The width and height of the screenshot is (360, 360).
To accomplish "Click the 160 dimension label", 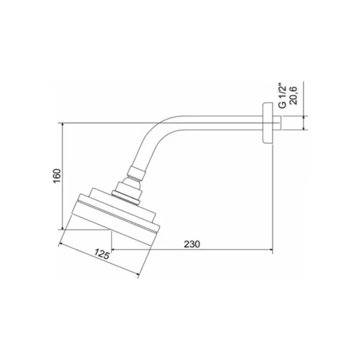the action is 57,176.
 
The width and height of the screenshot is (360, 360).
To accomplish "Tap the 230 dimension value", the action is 192,244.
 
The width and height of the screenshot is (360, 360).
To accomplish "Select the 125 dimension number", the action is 102,254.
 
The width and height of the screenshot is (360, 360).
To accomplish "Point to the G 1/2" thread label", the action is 283,97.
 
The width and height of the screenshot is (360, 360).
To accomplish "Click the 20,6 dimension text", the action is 293,95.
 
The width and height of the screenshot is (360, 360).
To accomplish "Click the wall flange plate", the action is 268,123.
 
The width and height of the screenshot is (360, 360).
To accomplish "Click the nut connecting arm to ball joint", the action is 136,173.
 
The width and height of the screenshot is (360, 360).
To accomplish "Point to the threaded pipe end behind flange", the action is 277,123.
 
